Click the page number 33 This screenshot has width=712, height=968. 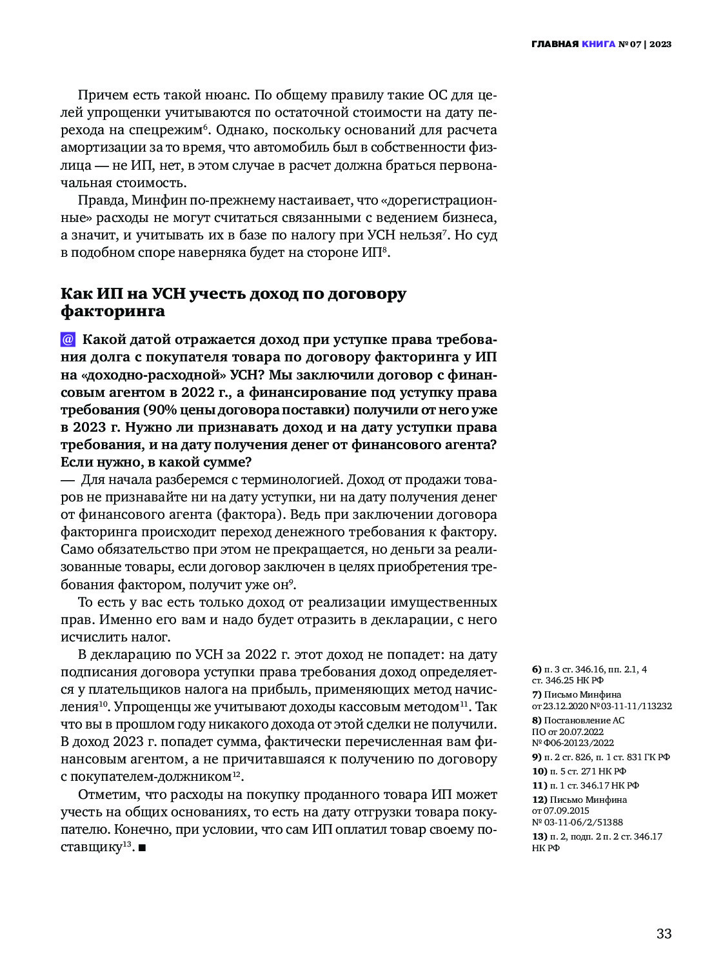coord(664,934)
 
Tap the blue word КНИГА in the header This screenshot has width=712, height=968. coord(598,44)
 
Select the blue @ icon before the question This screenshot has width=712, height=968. coord(68,339)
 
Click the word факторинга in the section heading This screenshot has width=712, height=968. coord(113,311)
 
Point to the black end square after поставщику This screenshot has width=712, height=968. coord(142,847)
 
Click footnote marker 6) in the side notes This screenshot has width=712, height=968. coord(537,669)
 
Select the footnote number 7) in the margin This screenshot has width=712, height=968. coord(537,694)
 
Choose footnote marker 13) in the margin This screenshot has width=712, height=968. coord(539,836)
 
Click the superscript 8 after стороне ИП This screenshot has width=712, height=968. coord(384,249)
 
